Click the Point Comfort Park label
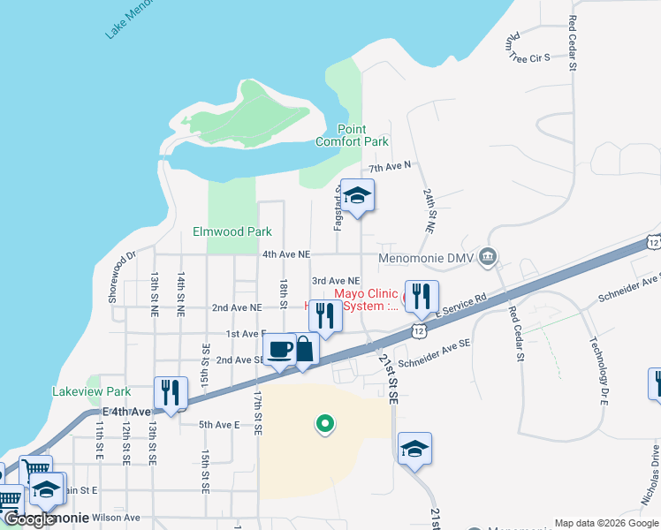[352, 135]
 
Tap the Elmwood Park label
[232, 232]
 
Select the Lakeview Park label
[92, 391]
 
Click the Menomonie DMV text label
[426, 259]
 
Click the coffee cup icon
[279, 348]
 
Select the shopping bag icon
[303, 348]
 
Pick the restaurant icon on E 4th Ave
[171, 391]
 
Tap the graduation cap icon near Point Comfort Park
[358, 195]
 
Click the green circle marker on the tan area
[325, 425]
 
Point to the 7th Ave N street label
[391, 167]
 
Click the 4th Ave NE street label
[286, 254]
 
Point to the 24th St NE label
[429, 209]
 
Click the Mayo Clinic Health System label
[364, 299]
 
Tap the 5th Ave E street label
[219, 425]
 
